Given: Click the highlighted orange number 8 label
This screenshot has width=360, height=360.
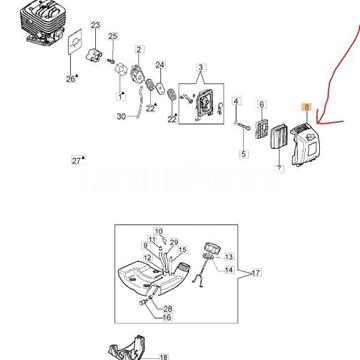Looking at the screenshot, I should pyautogui.click(x=307, y=118).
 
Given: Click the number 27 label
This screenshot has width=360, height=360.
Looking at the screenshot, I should pyautogui.click(x=77, y=159).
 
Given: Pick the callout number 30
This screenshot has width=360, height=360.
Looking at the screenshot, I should pyautogui.click(x=122, y=117).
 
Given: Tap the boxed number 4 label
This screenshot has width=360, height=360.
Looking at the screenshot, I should pyautogui.click(x=237, y=102).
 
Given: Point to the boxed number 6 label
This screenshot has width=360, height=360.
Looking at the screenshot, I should pyautogui.click(x=262, y=102).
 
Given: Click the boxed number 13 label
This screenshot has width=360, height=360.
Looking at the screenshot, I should pyautogui.click(x=227, y=258).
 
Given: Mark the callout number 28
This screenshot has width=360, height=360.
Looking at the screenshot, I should pyautogui.click(x=168, y=309).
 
